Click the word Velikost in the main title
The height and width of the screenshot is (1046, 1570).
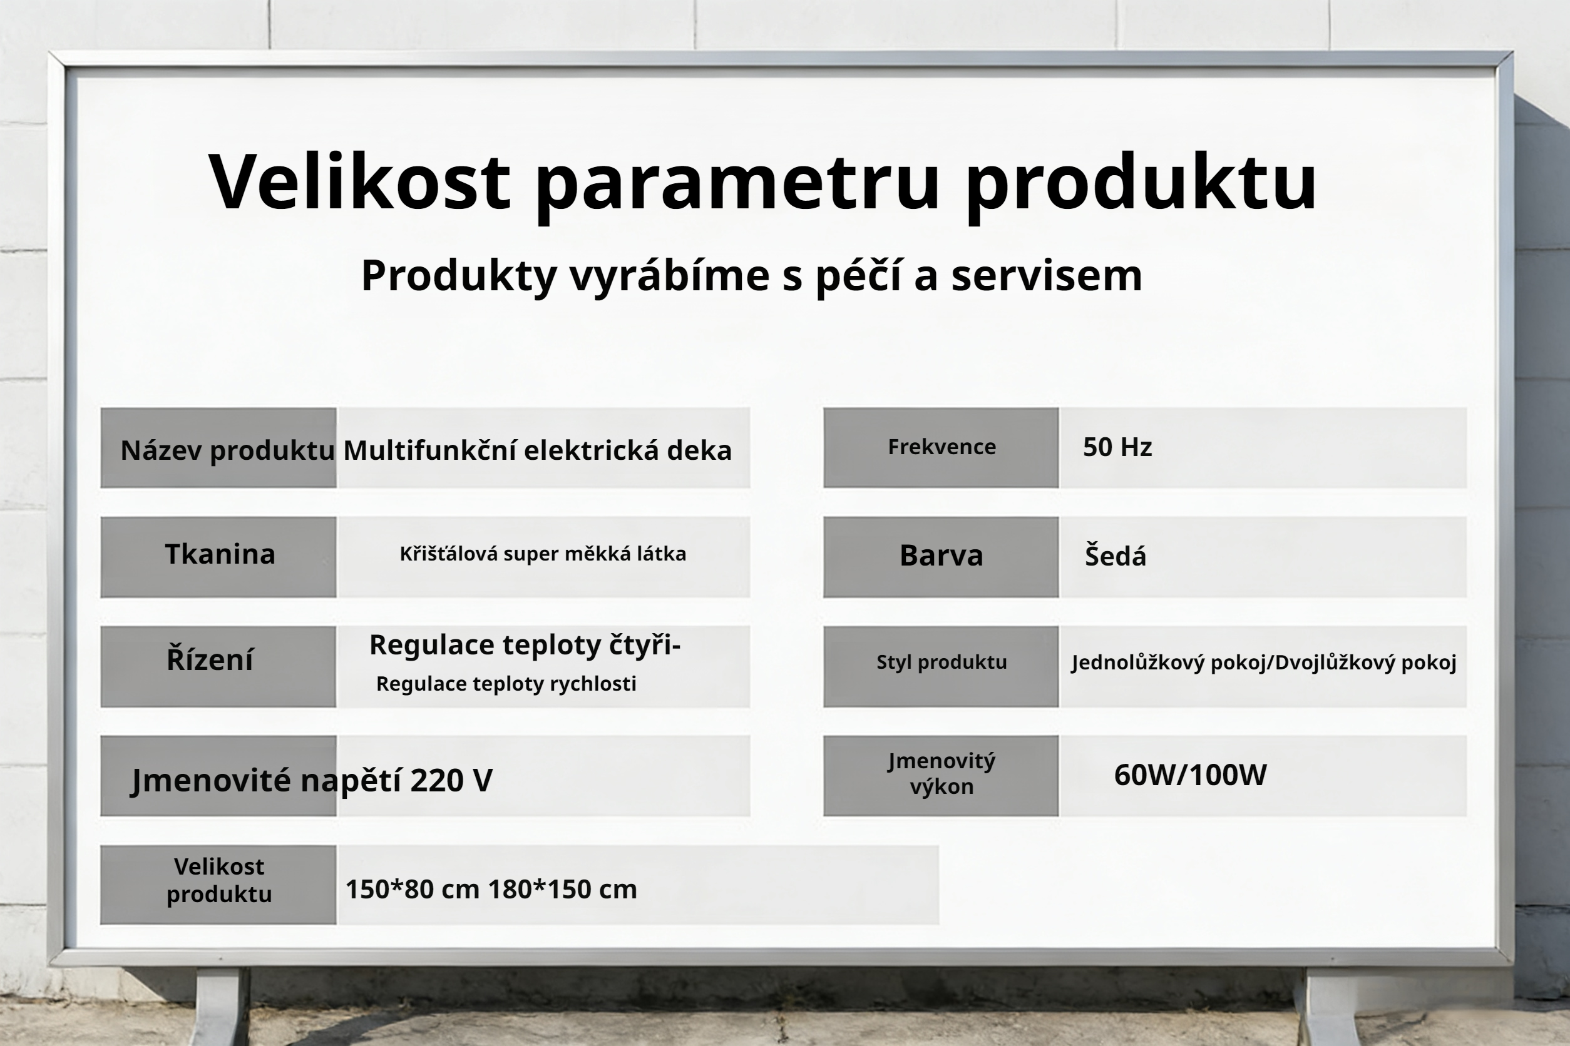(359, 181)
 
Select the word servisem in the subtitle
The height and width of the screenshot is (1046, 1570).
(1046, 275)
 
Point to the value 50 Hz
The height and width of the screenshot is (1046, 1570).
(1117, 447)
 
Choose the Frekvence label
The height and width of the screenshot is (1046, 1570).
(941, 447)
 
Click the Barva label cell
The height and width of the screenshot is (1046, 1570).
(941, 556)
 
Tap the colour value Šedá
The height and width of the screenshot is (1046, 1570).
(1115, 556)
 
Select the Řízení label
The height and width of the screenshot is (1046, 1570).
(210, 660)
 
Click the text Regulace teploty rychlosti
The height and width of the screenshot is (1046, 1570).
(506, 684)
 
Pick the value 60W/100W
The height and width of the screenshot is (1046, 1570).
(1189, 775)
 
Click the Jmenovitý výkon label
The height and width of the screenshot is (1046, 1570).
(941, 774)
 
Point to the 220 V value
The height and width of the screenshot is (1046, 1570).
(451, 780)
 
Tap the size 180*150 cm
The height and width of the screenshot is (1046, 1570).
(562, 889)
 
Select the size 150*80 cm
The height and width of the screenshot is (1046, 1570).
(412, 889)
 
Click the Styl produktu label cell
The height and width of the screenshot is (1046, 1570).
(941, 663)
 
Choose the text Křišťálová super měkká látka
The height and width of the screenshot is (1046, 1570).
(542, 554)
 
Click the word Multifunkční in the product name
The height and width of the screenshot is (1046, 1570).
(429, 451)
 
